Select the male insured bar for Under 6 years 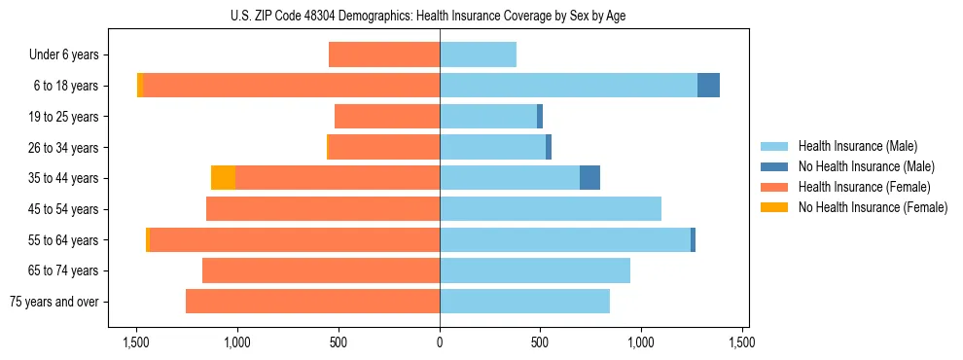tap(478, 54)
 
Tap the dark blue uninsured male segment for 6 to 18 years tap(708, 86)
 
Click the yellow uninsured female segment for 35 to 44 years tap(223, 178)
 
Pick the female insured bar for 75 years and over tap(312, 302)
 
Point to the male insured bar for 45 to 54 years tap(551, 209)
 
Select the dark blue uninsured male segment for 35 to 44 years tap(589, 178)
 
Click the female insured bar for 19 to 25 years tap(387, 117)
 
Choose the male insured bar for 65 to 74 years tap(535, 270)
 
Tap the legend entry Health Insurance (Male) tap(857, 146)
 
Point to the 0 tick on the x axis tap(440, 342)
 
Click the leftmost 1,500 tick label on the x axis tap(136, 342)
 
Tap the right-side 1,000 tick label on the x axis tap(642, 342)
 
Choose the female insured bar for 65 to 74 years tap(321, 270)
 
